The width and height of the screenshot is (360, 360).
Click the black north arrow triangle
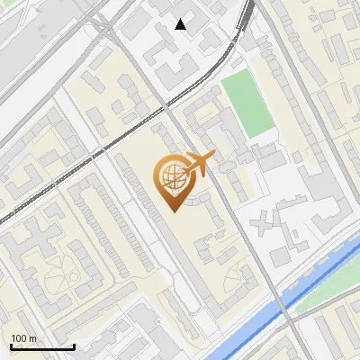(x=181, y=24)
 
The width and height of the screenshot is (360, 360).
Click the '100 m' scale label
(x=23, y=338)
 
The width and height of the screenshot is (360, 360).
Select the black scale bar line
(x=41, y=347)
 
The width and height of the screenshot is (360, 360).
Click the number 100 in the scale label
(x=19, y=338)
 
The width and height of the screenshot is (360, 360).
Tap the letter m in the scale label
(x=32, y=338)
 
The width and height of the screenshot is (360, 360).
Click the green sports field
(x=247, y=103)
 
